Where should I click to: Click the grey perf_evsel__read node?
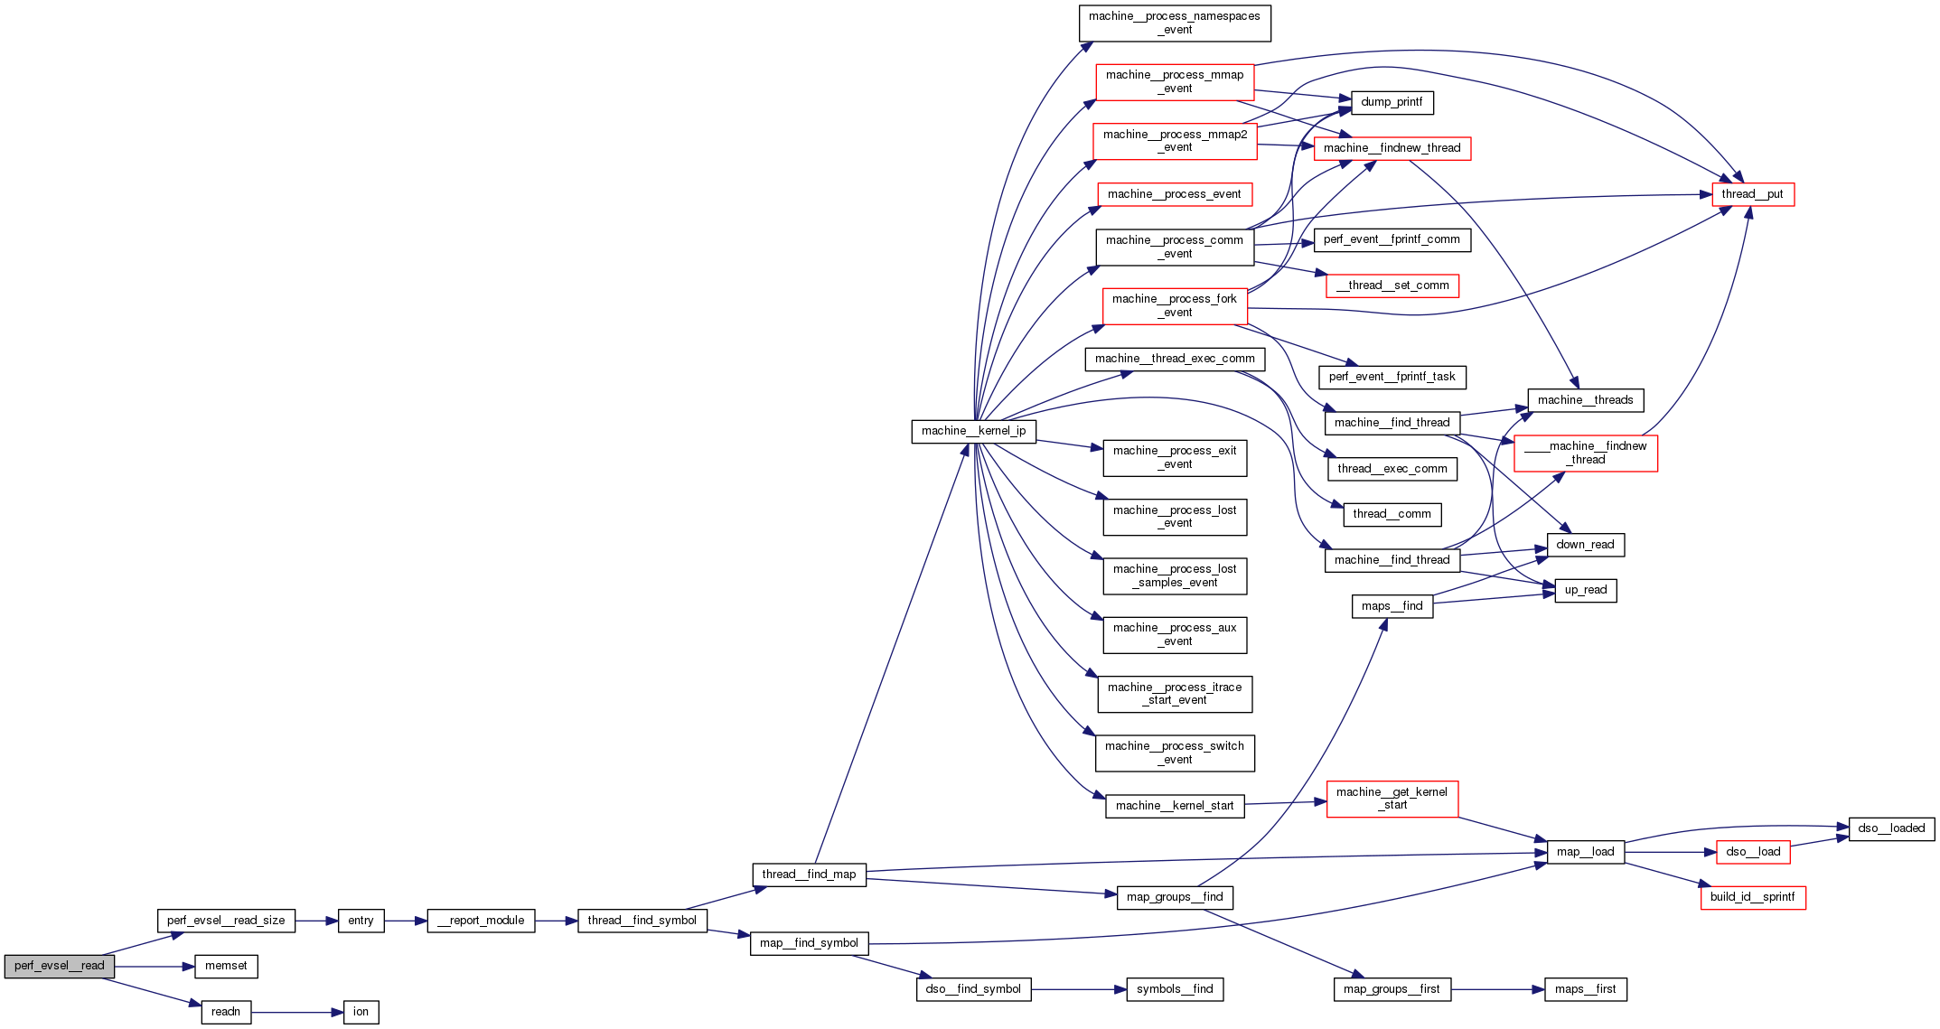[60, 966]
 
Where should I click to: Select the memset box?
[226, 966]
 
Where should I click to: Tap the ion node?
[361, 1012]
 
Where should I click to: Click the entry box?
[361, 921]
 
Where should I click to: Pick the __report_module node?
[481, 921]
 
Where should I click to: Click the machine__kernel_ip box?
[973, 431]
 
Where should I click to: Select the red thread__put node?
[1752, 194]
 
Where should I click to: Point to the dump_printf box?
[1392, 102]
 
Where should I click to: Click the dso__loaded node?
[1891, 828]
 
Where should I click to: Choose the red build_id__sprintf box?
[1752, 897]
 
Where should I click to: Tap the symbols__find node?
[1175, 989]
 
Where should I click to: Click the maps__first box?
[1585, 989]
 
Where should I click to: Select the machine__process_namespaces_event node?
[1175, 23]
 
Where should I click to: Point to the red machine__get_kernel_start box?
[1392, 799]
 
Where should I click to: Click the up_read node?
[1585, 591]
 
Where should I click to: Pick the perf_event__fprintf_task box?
[1392, 377]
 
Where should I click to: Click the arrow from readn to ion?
[297, 1013]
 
